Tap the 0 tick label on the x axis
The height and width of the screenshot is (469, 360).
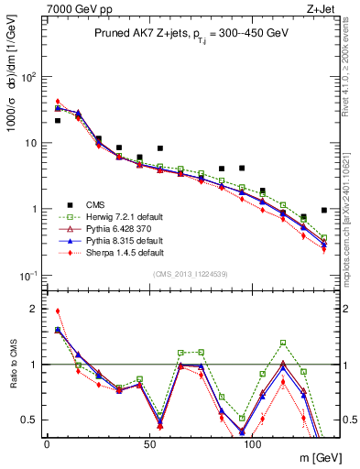coord(47,445)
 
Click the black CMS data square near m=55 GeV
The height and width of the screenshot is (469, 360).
coord(159,148)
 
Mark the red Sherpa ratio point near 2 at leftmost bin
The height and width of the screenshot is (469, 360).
coord(58,311)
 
